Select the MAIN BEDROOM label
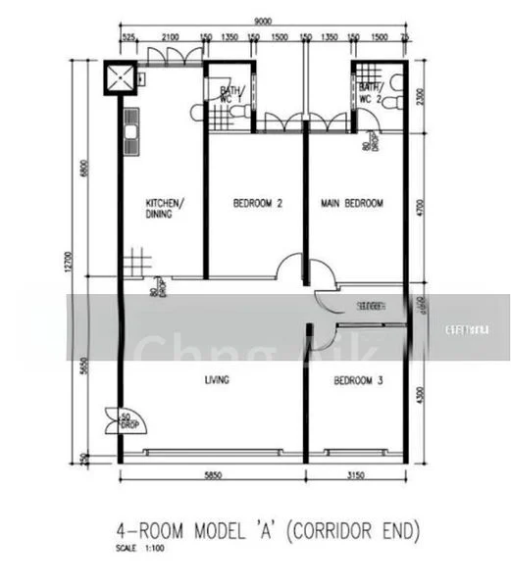pyautogui.click(x=352, y=204)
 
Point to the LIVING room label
pyautogui.click(x=216, y=380)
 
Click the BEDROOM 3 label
pyautogui.click(x=357, y=380)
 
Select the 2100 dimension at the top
pyautogui.click(x=171, y=37)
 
